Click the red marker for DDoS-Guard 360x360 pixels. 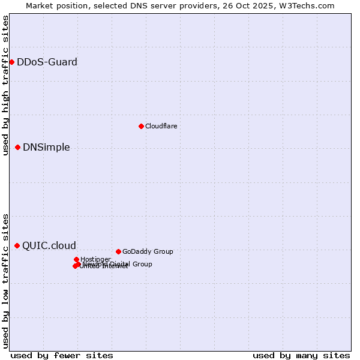11,62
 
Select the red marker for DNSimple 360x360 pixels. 17,147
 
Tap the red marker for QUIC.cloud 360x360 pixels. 17,245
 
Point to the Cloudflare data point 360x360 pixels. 141,126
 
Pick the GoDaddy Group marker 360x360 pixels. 118,251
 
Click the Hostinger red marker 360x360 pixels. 76,259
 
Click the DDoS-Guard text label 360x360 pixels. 47,62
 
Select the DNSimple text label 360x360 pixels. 46,148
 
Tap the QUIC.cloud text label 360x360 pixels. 49,245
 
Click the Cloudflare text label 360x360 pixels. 161,126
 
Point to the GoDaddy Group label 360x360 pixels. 148,251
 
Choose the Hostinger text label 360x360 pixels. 95,259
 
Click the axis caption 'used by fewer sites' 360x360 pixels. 62,355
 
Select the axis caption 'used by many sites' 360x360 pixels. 301,355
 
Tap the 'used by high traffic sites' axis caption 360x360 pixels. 5,85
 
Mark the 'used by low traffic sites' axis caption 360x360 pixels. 5,281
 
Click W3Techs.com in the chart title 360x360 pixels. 310,5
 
